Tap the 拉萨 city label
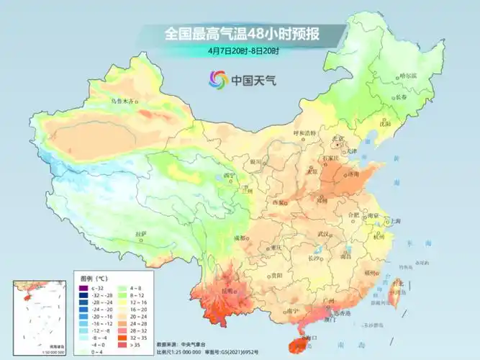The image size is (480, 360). pos(140,234)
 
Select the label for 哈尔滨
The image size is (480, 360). pos(408,74)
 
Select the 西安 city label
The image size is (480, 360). pos(277,202)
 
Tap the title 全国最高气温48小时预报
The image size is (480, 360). pos(243,34)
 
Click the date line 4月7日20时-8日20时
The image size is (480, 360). pos(243,51)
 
